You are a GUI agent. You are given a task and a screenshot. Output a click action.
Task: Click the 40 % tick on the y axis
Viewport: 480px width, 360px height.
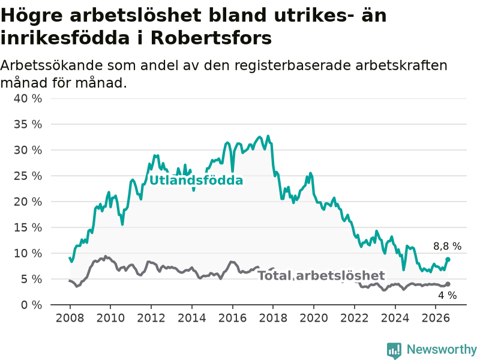28,98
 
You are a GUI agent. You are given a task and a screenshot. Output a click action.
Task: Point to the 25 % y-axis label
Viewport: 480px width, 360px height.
28,176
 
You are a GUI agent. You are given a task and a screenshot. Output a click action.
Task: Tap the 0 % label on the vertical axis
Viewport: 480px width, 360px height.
31,305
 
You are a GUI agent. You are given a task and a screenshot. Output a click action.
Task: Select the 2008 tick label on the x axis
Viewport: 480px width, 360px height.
70,318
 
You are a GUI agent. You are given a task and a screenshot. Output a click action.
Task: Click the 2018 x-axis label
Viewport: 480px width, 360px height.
273,318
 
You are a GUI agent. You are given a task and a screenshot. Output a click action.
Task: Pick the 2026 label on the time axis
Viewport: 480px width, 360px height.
436,318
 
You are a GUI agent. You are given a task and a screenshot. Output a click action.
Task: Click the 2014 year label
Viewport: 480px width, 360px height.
192,318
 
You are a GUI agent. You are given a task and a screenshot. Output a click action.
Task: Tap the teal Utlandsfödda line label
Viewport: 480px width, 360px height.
196,181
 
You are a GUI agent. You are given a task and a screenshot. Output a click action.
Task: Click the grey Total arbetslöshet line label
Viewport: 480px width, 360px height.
321,275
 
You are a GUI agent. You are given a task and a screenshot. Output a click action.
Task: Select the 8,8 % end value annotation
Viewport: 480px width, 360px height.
447,246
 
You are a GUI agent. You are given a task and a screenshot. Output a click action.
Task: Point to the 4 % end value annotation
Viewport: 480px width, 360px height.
448,295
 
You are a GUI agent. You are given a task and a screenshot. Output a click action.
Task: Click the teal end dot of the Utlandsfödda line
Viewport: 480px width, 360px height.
448,260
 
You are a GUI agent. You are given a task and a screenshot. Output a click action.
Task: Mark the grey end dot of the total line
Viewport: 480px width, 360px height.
448,284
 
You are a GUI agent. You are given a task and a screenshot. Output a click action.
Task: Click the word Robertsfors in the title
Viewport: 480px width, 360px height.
211,38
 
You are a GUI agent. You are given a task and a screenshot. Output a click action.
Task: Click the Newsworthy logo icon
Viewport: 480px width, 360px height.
394,350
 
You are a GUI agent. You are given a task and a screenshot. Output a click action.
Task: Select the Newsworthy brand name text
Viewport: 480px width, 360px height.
442,349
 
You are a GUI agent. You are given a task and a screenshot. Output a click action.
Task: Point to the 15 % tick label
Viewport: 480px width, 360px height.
28,227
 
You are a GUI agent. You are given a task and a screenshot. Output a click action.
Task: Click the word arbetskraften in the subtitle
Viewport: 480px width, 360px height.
401,65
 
